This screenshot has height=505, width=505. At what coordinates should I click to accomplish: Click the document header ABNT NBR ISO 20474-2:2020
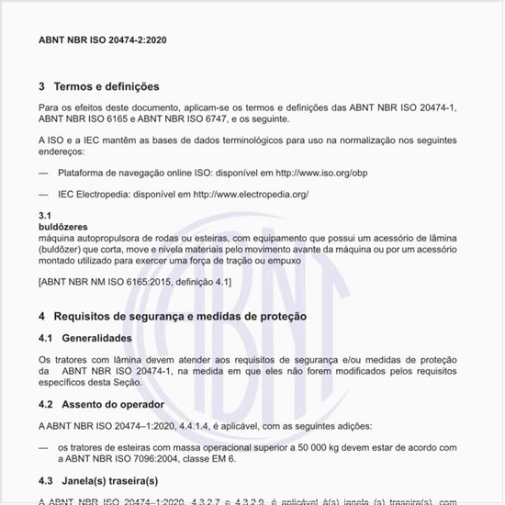pyautogui.click(x=103, y=41)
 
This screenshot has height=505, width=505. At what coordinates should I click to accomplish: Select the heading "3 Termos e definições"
pyautogui.click(x=99, y=86)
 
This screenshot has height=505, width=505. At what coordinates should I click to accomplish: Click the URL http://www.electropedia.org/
pyautogui.click(x=249, y=194)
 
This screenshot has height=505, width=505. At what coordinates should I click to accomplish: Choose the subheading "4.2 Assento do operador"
pyautogui.click(x=102, y=404)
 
